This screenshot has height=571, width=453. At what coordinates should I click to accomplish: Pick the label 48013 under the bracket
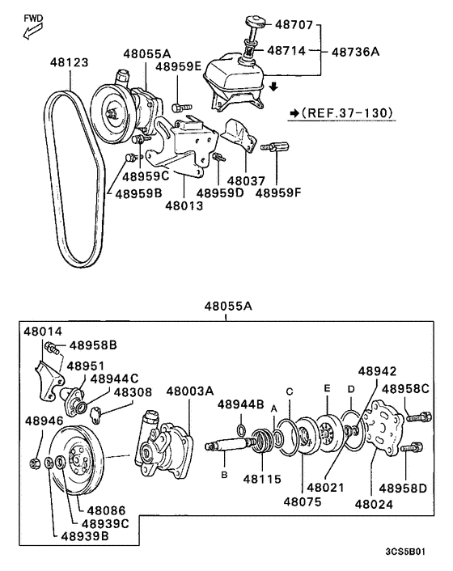coord(184,205)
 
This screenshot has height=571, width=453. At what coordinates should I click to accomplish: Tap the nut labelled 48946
coord(35,463)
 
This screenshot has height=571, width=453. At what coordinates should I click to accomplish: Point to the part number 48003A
coord(190,391)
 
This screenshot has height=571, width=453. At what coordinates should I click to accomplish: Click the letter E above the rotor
coord(327,388)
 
